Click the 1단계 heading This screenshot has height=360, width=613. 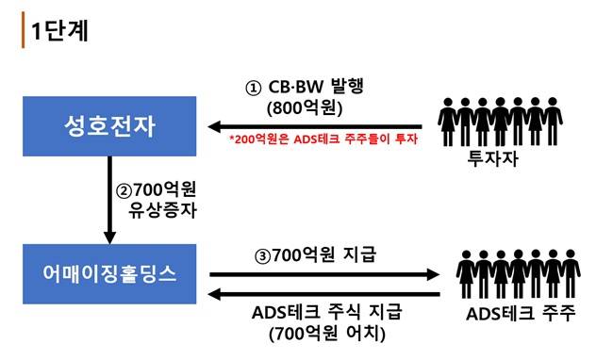[x=59, y=30]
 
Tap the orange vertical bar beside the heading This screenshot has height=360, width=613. [x=23, y=30]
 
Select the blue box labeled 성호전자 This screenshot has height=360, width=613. [x=109, y=126]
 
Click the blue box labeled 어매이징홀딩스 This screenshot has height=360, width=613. [x=109, y=274]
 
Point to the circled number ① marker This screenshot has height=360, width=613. [x=253, y=88]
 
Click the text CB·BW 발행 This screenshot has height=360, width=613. [x=316, y=87]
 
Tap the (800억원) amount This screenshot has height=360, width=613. [x=305, y=108]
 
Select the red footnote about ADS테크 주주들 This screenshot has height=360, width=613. [x=323, y=139]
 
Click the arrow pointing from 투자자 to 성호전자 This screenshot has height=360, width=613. [x=315, y=126]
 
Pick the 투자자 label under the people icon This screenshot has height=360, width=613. [x=493, y=158]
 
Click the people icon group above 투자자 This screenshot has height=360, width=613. [x=500, y=122]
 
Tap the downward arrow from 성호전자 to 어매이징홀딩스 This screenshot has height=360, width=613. [x=109, y=200]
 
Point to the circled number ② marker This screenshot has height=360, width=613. [x=124, y=191]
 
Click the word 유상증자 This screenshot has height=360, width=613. [x=162, y=210]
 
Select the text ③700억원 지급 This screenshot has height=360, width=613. [x=315, y=255]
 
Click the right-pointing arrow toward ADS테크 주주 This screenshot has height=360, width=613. [x=324, y=274]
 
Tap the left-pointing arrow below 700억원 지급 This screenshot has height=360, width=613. [x=324, y=294]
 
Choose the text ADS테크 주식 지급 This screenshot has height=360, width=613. [x=327, y=312]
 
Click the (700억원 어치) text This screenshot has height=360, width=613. [x=327, y=334]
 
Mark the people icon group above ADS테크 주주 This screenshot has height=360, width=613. [x=519, y=273]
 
